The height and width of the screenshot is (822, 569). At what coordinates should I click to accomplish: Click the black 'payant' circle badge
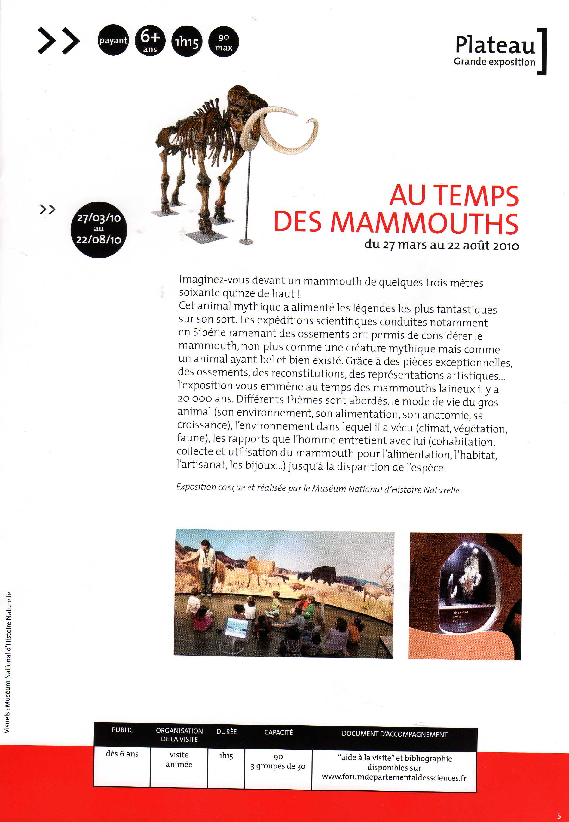pos(113,40)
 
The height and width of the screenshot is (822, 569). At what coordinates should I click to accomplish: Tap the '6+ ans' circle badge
pos(150,40)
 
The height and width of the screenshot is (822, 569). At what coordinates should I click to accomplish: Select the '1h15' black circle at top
pos(186,42)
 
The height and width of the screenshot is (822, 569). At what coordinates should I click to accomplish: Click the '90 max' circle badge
pos(224,42)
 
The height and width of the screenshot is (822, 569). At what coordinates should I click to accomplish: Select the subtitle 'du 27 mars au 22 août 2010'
pos(441,245)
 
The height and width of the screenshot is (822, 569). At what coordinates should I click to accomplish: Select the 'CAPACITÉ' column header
pos(278,732)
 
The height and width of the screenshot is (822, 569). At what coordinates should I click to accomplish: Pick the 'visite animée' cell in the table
pos(179,759)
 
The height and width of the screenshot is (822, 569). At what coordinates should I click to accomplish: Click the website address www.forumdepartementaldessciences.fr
pos(394,778)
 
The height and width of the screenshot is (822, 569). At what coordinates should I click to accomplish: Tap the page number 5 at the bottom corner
pos(559,816)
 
